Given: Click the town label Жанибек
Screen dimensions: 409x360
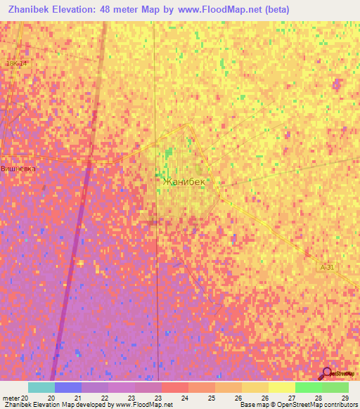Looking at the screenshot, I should (184, 181).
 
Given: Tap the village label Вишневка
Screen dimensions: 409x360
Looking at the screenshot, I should (18, 169).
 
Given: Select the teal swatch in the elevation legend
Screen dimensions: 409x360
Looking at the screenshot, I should (41, 387).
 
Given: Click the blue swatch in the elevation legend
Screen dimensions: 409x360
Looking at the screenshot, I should (67, 387).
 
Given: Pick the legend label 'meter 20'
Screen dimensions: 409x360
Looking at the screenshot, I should (15, 398).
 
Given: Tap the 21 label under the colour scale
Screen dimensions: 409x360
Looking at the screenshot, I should (77, 398).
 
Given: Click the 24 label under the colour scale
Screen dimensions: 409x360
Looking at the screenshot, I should (185, 398).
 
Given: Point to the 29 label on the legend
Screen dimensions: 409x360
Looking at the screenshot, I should (344, 398).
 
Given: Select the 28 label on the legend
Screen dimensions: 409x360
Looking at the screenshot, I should (318, 398).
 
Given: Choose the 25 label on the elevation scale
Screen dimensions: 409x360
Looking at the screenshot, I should (211, 398).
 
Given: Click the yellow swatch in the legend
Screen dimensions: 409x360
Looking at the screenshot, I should (281, 387).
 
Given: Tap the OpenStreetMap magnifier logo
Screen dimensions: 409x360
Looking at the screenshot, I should (326, 373).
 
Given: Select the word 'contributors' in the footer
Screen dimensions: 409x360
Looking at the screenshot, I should (341, 405).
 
